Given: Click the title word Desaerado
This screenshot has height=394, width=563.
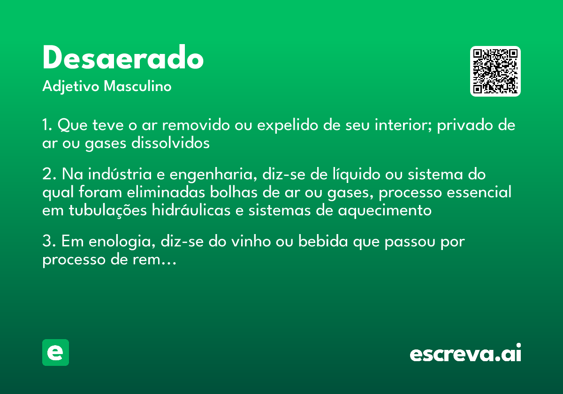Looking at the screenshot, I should pyautogui.click(x=123, y=58).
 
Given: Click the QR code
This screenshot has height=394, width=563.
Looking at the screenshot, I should pyautogui.click(x=495, y=71).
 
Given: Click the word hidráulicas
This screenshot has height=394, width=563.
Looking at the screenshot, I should pyautogui.click(x=191, y=210).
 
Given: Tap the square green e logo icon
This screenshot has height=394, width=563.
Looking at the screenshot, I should pyautogui.click(x=55, y=352).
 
